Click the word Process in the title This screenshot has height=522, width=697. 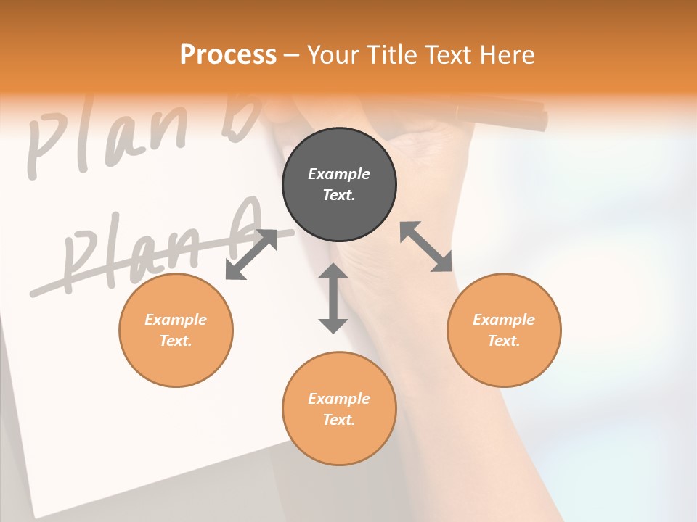tap(228, 54)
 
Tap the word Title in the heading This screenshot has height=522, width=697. tap(391, 54)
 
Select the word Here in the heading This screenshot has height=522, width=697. tap(505, 54)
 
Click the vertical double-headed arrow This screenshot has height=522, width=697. tap(333, 298)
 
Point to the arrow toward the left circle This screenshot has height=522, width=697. tap(251, 254)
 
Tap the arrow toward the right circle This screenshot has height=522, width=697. tap(426, 246)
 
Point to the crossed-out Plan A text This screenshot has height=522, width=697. tap(160, 250)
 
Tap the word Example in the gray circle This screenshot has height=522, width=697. tap(339, 174)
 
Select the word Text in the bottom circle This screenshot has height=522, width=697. tap(339, 420)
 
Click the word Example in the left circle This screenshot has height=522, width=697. tap(176, 320)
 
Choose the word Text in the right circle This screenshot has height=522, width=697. tap(504, 341)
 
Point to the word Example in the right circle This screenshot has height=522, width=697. tap(504, 320)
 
